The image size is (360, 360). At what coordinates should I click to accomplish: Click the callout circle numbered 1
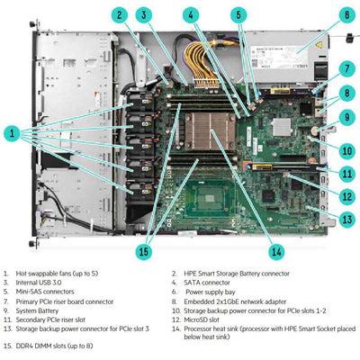tap(13, 132)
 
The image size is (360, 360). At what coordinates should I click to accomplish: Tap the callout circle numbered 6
tap(346, 14)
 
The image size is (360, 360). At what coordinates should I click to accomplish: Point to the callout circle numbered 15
tap(141, 250)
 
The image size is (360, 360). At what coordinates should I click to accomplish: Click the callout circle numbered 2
tap(119, 14)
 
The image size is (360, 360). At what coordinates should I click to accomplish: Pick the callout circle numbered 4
tap(191, 14)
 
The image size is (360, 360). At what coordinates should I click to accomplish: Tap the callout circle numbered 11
tap(346, 170)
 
